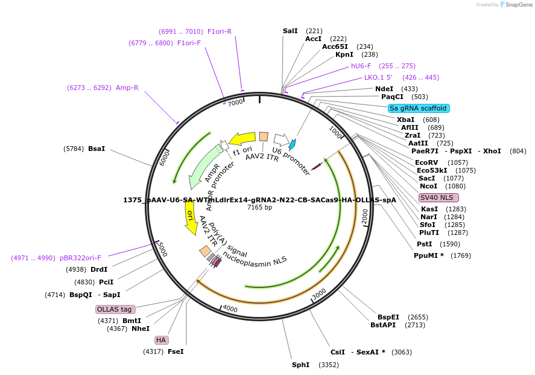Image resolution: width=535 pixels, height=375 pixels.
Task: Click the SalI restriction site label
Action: tap(290, 31)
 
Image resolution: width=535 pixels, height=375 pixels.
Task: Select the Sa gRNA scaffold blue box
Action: tap(418, 108)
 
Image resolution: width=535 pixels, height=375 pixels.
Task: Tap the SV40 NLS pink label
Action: tap(438, 197)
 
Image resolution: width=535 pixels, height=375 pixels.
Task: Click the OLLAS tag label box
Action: tap(114, 309)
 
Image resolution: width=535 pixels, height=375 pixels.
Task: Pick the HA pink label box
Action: tap(161, 340)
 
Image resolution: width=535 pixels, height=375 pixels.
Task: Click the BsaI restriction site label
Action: tap(97, 148)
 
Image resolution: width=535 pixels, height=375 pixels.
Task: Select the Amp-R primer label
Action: tap(127, 88)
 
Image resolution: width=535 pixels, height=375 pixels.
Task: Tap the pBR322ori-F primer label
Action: tap(80, 258)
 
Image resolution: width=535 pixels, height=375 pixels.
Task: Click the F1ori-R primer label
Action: tap(220, 31)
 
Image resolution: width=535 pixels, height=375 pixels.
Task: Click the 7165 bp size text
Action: tap(260, 207)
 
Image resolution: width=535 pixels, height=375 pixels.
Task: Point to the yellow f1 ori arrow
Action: tap(242, 139)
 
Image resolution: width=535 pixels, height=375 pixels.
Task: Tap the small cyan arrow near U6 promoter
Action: tap(293, 144)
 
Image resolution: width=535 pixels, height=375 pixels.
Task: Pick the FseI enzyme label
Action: tap(176, 351)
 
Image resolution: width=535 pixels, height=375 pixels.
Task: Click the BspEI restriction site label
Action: tap(388, 317)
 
